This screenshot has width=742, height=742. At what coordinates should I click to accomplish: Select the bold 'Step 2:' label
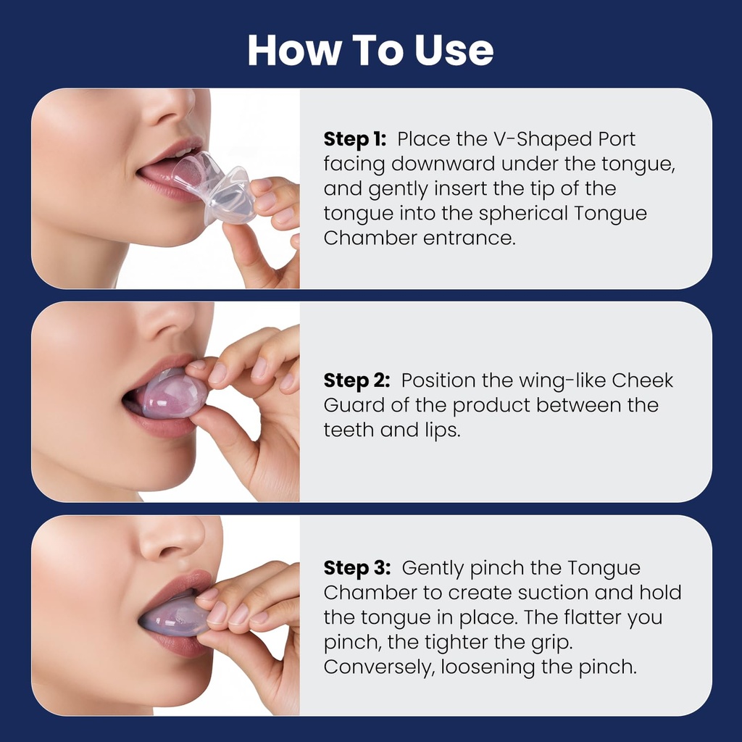pyautogui.click(x=357, y=380)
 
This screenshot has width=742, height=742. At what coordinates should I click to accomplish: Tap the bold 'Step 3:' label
pyautogui.click(x=357, y=568)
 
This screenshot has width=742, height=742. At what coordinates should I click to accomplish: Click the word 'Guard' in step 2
pyautogui.click(x=357, y=405)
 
